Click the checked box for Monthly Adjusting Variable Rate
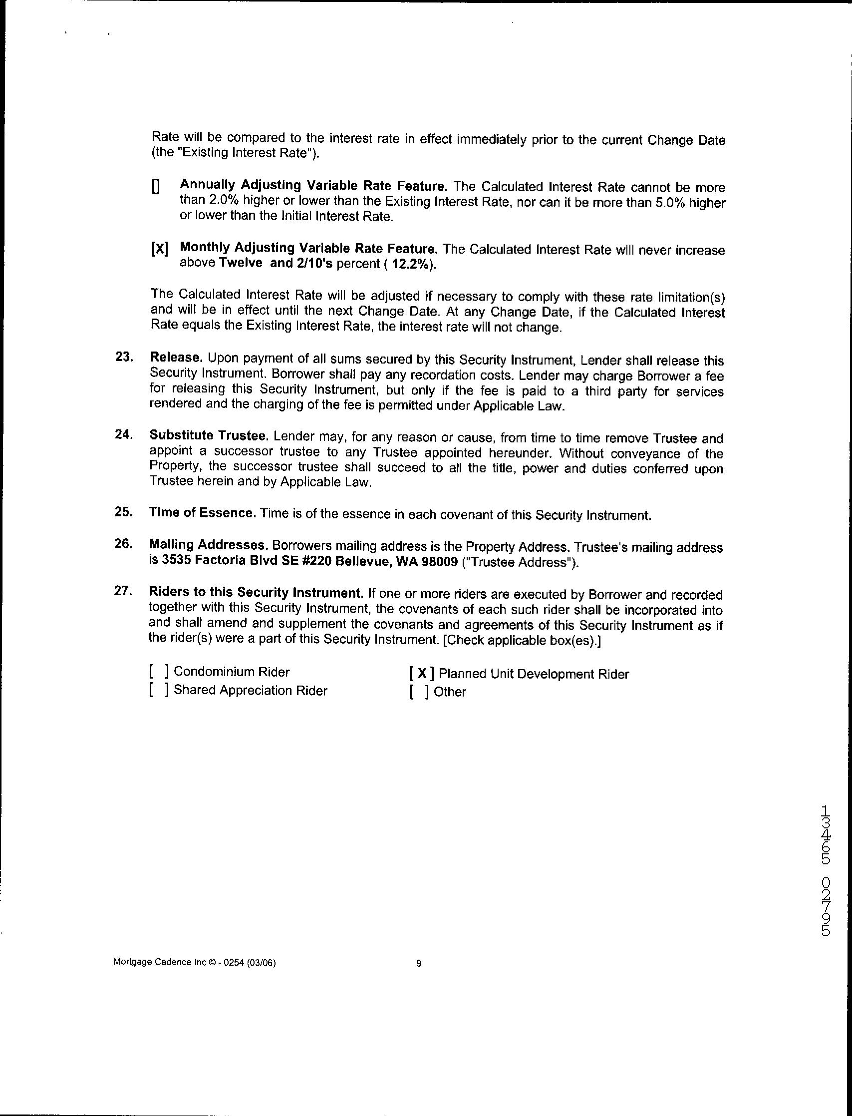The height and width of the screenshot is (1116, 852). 159,250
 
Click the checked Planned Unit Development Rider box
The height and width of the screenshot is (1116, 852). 421,674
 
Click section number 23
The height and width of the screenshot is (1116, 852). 125,357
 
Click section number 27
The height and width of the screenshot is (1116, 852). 124,592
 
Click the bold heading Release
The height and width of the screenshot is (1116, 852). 177,358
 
